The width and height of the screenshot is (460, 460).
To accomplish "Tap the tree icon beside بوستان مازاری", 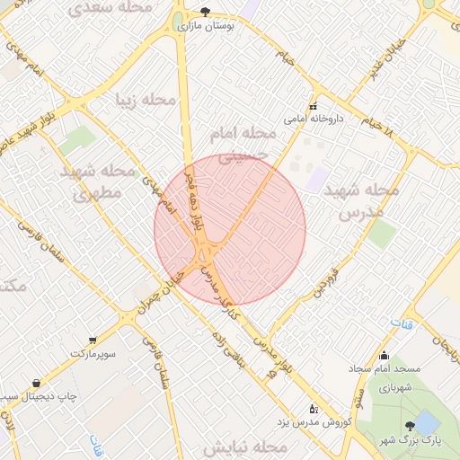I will pos(206,13).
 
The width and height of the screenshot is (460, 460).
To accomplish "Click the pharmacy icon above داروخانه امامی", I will pos(313,106).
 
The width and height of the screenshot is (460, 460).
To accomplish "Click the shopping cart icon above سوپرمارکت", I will pos(93,341).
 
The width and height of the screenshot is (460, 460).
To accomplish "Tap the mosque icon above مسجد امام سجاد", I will pos(385,356).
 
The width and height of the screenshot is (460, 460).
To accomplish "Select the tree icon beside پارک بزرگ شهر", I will pos(410,425).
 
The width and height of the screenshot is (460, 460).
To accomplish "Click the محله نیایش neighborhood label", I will pos(243,447).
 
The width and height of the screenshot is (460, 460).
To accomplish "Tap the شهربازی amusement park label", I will pos(394,388).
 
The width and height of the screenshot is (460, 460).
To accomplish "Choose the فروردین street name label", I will pos(324,281).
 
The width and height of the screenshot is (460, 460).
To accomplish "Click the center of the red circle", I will pos(230,230).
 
